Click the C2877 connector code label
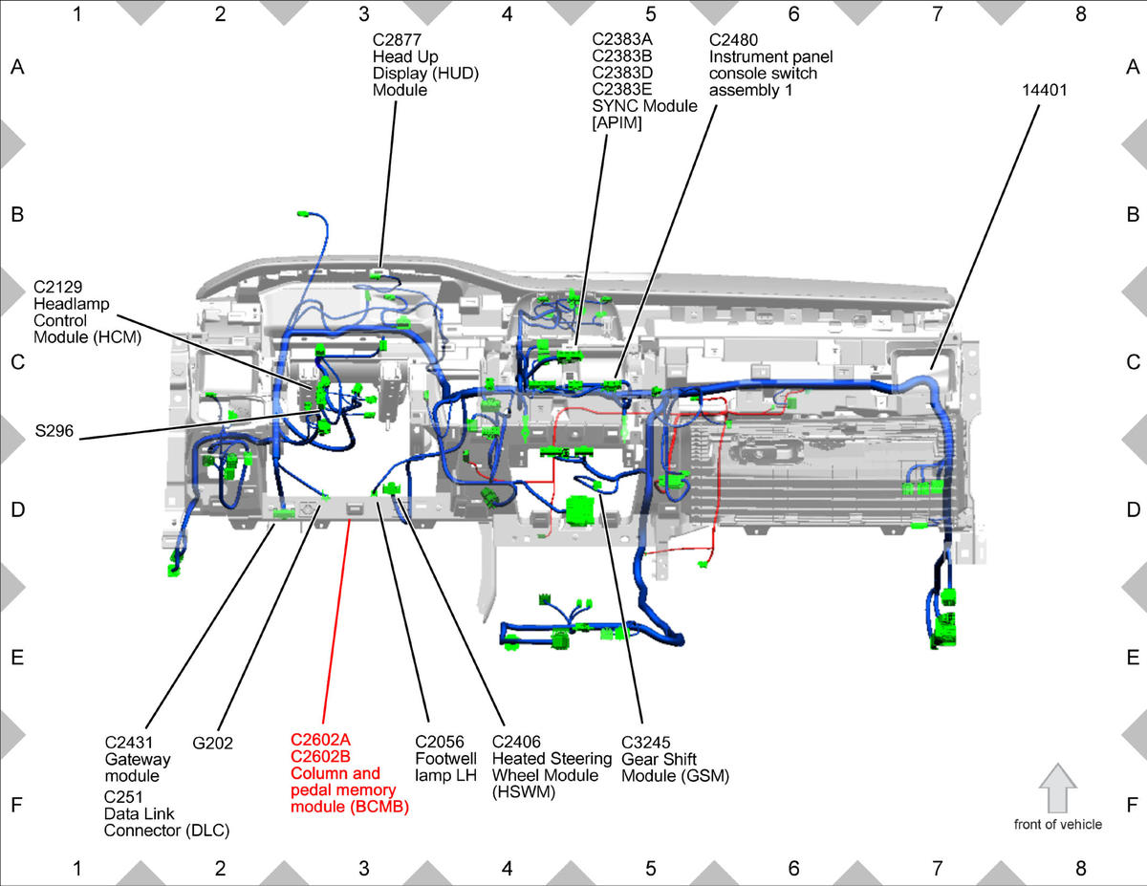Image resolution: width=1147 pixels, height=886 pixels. (397, 40)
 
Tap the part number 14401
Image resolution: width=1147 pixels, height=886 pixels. (1044, 90)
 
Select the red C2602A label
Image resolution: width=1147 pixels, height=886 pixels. (320, 740)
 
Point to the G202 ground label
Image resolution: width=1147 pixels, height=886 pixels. (212, 743)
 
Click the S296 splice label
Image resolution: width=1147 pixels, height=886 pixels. (54, 431)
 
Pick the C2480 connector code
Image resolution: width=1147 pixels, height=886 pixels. (733, 40)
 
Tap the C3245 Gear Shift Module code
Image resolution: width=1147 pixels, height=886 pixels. (645, 743)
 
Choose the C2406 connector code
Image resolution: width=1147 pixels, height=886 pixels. (516, 742)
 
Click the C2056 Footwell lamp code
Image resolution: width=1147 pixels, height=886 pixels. (439, 742)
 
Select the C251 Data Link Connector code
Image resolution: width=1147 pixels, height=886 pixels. (123, 796)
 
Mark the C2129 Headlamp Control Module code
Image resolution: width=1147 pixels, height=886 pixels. (57, 287)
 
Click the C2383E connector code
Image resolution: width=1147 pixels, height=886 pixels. (622, 89)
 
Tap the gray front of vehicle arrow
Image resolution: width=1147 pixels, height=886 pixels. (1058, 789)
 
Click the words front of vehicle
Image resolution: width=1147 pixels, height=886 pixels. (1058, 824)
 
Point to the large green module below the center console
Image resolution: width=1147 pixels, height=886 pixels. (580, 510)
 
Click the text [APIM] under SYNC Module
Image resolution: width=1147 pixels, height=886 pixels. (617, 123)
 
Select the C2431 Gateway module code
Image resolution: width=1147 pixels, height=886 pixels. (128, 743)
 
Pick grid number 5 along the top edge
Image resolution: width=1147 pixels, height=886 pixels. (650, 14)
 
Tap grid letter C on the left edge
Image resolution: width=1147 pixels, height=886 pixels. (17, 362)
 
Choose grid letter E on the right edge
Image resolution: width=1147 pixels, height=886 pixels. (1133, 658)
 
